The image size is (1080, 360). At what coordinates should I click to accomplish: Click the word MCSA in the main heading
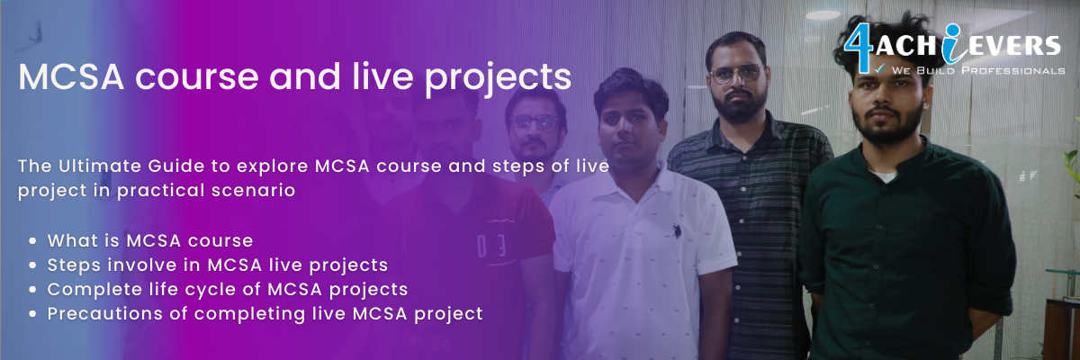click(x=71, y=76)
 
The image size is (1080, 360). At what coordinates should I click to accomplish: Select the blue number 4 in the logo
click(x=857, y=47)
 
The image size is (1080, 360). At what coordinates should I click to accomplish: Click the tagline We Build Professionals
click(x=977, y=70)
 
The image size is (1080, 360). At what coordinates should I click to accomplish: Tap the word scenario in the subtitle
click(x=253, y=190)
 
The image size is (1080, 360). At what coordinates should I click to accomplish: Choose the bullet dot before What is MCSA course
click(x=32, y=240)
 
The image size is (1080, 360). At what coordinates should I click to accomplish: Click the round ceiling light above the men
click(x=823, y=14)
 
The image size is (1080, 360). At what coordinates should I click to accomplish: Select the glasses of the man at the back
click(x=534, y=123)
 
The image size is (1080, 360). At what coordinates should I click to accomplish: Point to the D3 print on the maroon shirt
click(x=490, y=246)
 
